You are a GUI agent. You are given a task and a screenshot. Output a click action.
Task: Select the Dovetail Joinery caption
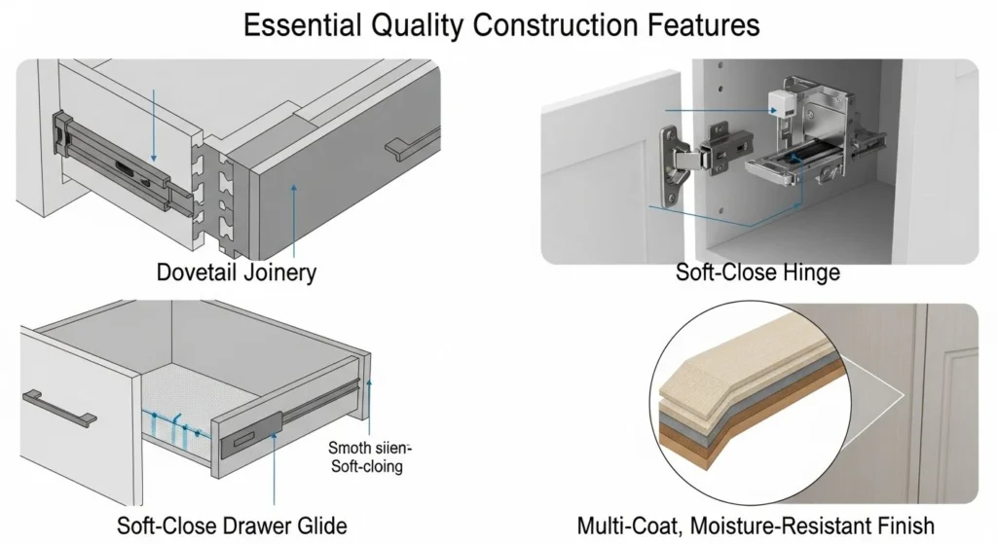pyautogui.click(x=237, y=272)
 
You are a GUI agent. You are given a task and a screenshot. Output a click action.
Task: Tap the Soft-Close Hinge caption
pyautogui.click(x=757, y=272)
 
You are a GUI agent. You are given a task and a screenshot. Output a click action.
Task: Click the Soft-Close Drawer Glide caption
pyautogui.click(x=232, y=526)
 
